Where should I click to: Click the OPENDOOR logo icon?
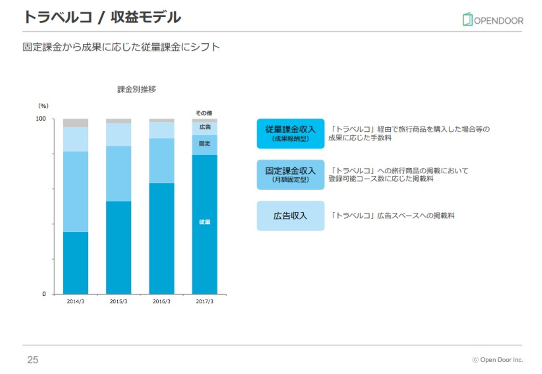[467, 19]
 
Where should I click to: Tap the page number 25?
[33, 360]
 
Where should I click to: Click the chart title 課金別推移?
[137, 89]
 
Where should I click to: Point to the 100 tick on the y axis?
[41, 119]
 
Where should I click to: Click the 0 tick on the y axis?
[44, 294]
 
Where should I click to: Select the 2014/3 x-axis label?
[75, 301]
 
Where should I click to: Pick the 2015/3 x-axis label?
[119, 301]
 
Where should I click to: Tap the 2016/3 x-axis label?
[161, 301]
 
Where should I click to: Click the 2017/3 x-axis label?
[204, 301]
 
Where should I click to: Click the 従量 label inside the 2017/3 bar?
[204, 222]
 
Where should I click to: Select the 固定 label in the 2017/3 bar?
[204, 143]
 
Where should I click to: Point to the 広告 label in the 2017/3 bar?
[205, 127]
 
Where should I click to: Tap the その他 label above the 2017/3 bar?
[204, 113]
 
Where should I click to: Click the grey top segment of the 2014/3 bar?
[75, 123]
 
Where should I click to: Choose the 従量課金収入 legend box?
[290, 133]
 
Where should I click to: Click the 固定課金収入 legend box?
[290, 174]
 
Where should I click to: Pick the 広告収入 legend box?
[290, 216]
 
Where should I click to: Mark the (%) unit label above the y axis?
[43, 106]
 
